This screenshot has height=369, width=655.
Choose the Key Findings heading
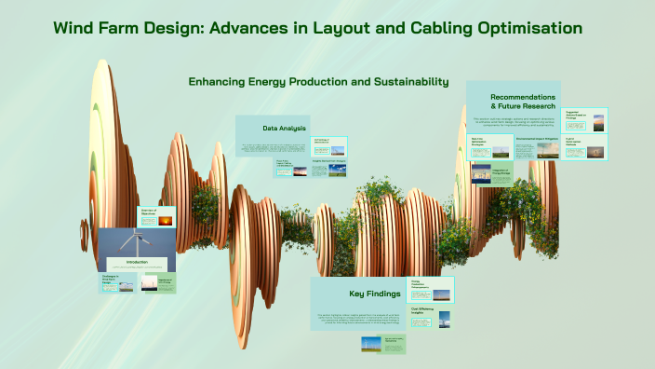point(374,294)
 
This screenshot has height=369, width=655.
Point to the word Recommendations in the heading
point(523,97)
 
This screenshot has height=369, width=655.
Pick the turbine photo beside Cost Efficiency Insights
point(443,319)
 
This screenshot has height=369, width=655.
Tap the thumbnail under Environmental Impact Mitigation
point(549,150)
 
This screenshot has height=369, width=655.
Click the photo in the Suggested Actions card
point(598,121)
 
